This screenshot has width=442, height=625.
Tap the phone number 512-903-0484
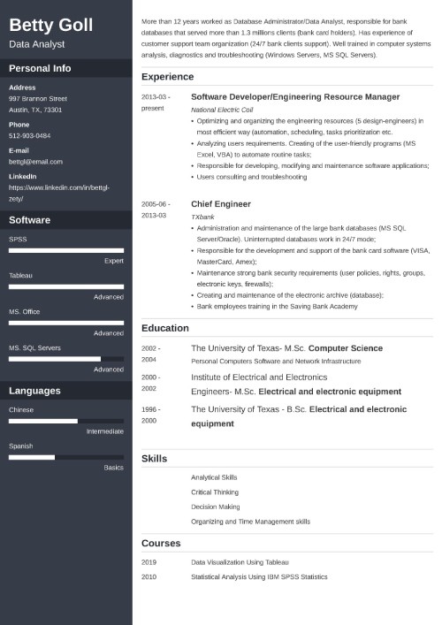31,137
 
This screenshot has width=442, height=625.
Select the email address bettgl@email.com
35,162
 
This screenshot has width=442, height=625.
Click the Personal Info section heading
40,68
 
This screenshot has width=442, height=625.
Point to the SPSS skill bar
66,250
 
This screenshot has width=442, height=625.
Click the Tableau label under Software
20,275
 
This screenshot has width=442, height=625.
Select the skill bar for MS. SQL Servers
66,359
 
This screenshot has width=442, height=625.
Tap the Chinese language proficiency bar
66,421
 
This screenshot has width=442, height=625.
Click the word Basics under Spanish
113,467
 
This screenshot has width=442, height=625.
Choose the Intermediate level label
104,431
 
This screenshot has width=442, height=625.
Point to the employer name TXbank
202,216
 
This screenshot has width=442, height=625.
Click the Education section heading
165,328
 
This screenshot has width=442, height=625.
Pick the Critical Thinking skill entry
215,492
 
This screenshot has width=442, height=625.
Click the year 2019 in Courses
149,562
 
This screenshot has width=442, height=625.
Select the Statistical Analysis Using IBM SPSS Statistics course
259,576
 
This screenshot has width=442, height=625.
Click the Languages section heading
34,391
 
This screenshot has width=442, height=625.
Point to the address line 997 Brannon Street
38,99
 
